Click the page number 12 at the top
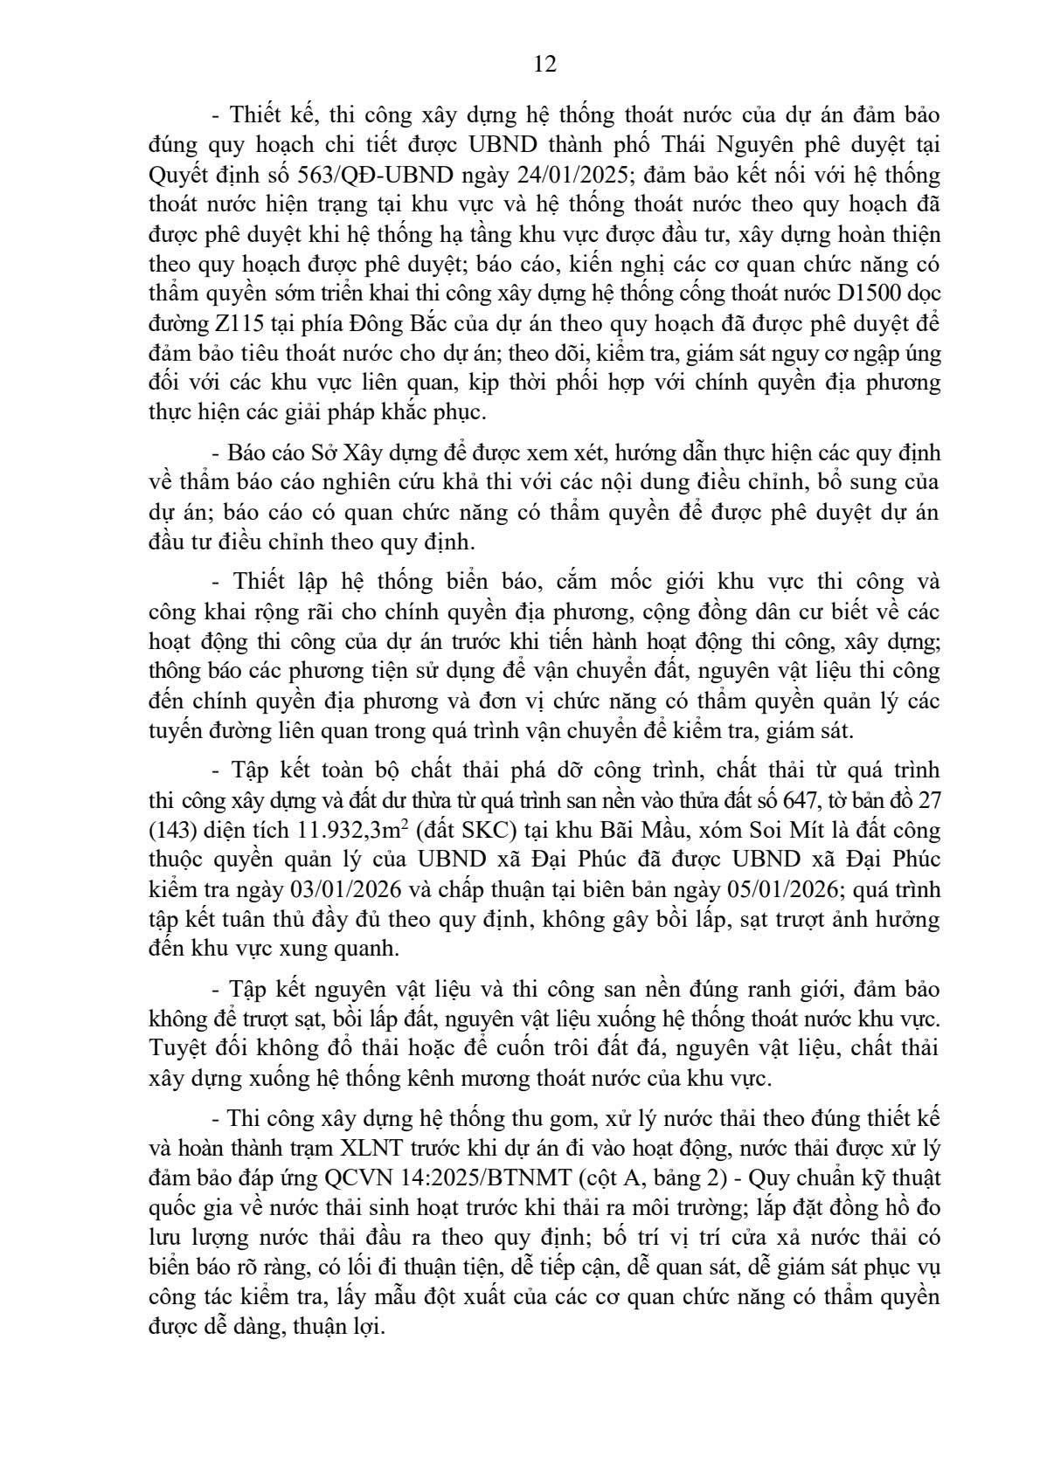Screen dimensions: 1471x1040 pos(544,65)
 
